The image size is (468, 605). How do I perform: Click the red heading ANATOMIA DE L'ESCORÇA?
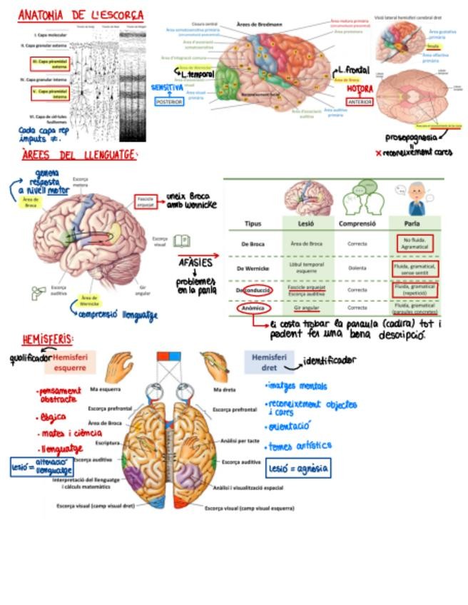(80, 15)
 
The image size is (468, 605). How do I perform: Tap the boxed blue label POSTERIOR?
(169, 102)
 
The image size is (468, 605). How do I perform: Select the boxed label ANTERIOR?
(359, 101)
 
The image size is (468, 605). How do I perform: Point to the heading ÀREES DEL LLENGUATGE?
(78, 155)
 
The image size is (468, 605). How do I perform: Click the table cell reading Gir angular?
(306, 309)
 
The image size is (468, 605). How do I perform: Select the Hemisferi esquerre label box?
(71, 362)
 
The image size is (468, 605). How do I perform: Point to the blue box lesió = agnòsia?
(298, 468)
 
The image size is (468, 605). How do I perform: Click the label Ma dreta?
(225, 390)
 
